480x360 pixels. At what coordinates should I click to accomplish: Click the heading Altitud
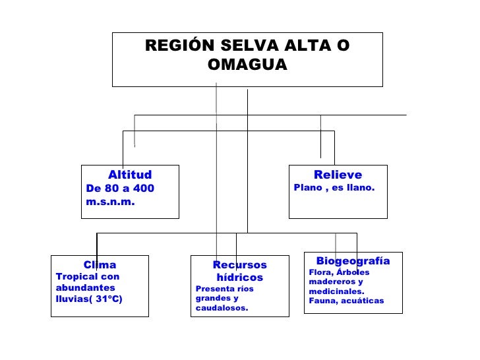pos(130,175)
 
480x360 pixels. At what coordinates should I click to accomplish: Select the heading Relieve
pos(338,175)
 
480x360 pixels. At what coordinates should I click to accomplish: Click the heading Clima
pos(100,265)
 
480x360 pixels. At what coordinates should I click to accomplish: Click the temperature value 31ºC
pos(109,299)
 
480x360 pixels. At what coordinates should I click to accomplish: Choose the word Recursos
pos(240,265)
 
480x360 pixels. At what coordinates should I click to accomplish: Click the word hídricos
pos(240,278)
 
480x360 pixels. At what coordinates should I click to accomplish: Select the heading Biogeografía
pos(353,261)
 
